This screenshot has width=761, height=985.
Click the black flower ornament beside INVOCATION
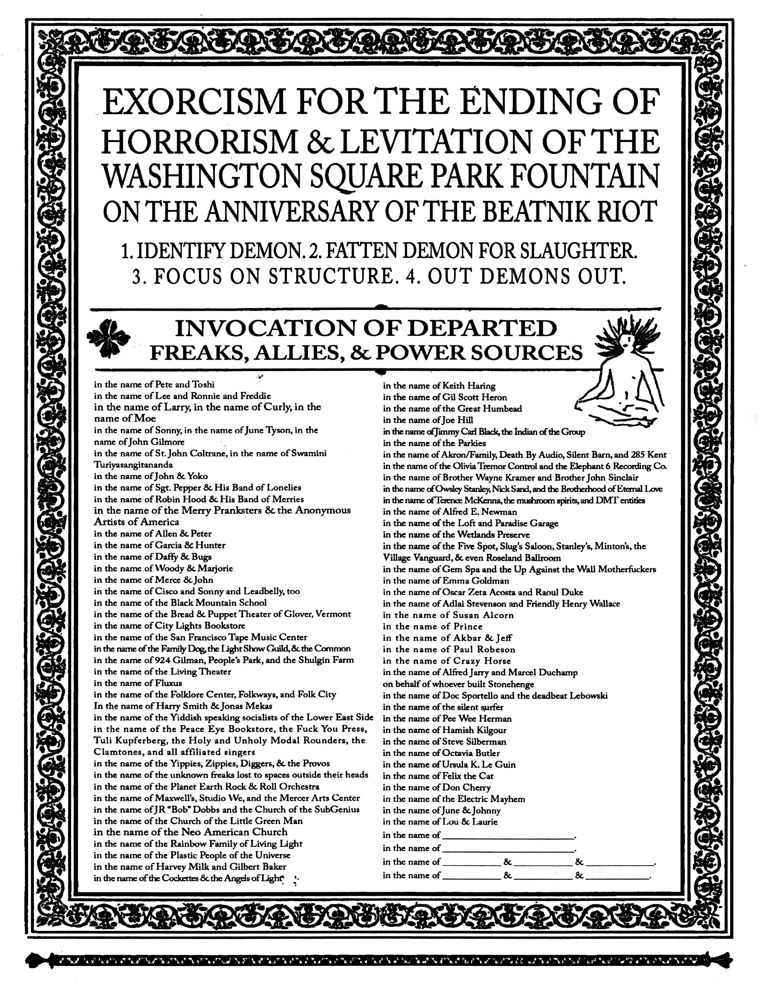point(108,337)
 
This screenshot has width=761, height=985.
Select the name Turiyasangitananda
point(133,464)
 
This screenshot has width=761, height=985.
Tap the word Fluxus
point(168,683)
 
